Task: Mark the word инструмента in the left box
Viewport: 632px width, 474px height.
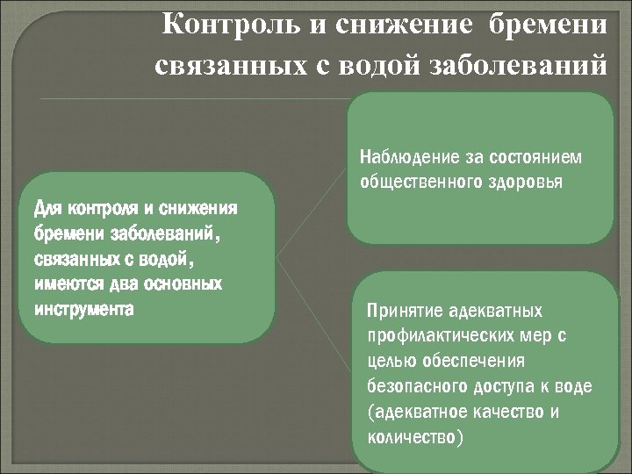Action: point(84,309)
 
